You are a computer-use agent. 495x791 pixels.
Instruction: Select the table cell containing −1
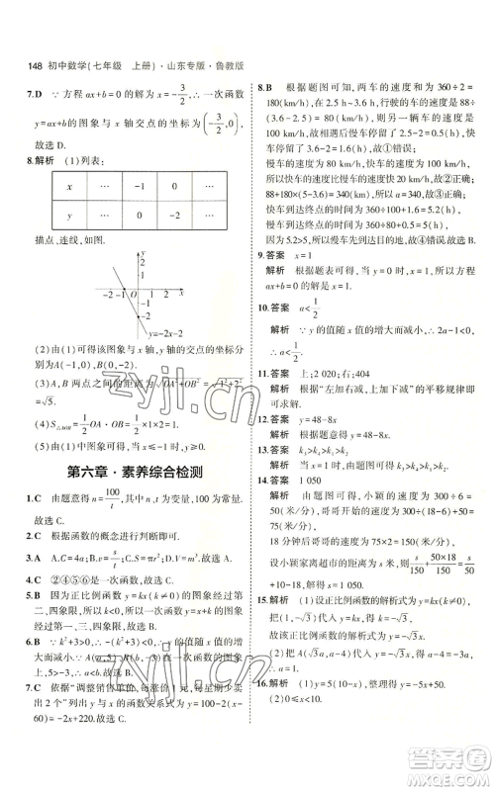(140, 186)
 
